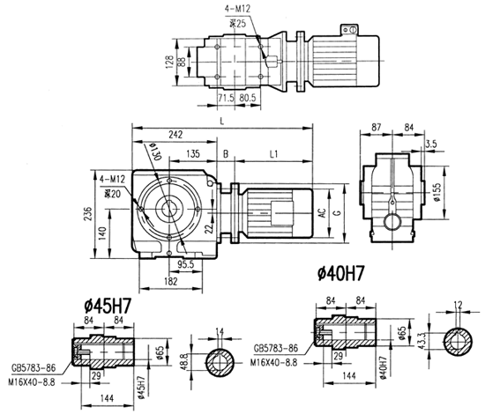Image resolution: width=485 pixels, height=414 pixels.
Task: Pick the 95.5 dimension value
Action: (x=186, y=262)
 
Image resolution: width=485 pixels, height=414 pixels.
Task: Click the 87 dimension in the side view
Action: (x=377, y=129)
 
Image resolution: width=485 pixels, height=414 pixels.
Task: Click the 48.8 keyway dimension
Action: (x=183, y=361)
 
